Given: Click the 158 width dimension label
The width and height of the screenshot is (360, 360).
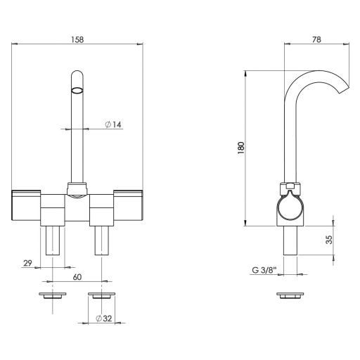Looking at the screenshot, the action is click(77, 39).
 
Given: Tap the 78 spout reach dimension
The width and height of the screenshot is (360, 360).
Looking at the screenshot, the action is click(316, 39).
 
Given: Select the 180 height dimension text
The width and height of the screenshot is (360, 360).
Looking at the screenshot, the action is click(241, 148).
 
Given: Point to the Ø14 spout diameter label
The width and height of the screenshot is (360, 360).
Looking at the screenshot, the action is click(113, 124).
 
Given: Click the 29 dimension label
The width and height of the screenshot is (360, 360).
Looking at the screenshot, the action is click(27, 263).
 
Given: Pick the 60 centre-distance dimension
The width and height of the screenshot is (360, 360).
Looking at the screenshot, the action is click(77, 277).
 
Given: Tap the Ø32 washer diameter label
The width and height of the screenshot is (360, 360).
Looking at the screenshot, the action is click(104, 319).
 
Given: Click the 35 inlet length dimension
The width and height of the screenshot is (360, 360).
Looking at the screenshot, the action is click(329, 240).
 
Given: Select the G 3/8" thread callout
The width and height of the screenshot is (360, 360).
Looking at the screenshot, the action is click(263, 270).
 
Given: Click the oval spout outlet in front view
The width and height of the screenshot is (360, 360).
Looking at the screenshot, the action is click(77, 90).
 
